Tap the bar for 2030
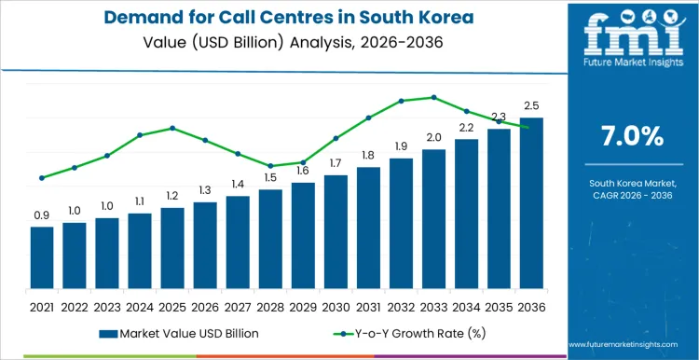click(x=336, y=232)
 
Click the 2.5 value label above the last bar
click(x=531, y=105)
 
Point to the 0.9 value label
click(x=42, y=215)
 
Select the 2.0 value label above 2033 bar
click(x=433, y=137)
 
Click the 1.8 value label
click(x=368, y=155)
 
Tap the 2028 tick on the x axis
click(x=270, y=307)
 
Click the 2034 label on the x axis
click(x=466, y=307)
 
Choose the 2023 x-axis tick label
click(x=107, y=307)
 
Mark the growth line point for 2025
click(x=172, y=128)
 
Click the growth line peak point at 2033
click(x=433, y=97)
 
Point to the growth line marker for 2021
click(x=42, y=178)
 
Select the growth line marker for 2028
click(x=270, y=166)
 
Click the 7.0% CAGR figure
click(x=633, y=136)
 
